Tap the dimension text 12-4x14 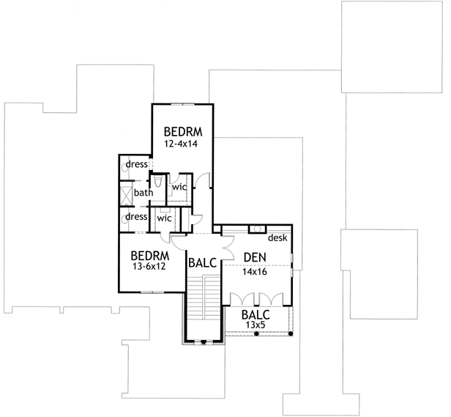(x=182, y=144)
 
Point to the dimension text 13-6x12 (x=150, y=268)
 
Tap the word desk (x=277, y=238)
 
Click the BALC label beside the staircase (x=201, y=262)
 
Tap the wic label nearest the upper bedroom (x=179, y=187)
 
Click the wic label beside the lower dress (x=164, y=218)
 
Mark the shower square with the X (x=127, y=195)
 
